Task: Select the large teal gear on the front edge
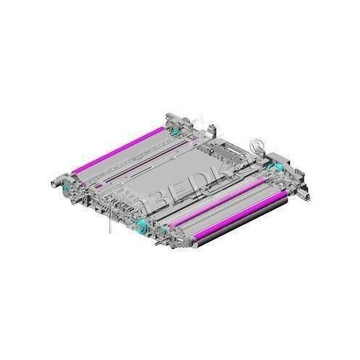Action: click(140, 227)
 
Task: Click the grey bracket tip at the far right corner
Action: click(308, 193)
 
